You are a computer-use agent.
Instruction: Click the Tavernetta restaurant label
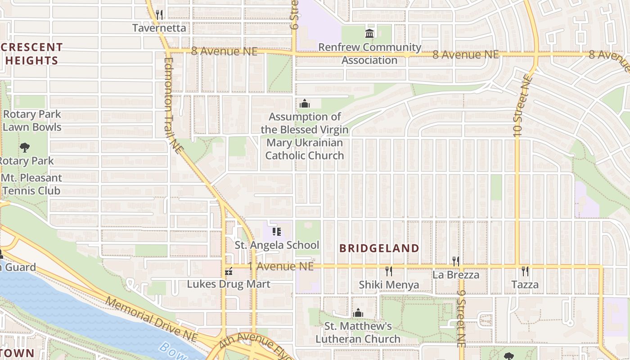pyautogui.click(x=159, y=28)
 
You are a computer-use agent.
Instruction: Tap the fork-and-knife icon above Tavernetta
pyautogui.click(x=159, y=14)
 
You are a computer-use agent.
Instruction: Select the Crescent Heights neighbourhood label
pyautogui.click(x=31, y=54)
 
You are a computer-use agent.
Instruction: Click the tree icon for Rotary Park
pyautogui.click(x=25, y=147)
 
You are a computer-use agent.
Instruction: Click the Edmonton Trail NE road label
pyautogui.click(x=173, y=105)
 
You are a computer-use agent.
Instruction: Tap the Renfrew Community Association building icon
pyautogui.click(x=369, y=34)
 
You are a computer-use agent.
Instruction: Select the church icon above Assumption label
pyautogui.click(x=305, y=104)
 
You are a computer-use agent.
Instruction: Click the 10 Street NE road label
pyautogui.click(x=522, y=106)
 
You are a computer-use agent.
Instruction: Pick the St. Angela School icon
pyautogui.click(x=277, y=232)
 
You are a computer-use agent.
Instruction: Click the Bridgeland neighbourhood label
pyautogui.click(x=379, y=248)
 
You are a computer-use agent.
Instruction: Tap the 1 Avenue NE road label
pyautogui.click(x=280, y=266)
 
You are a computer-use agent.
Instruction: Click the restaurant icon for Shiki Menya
pyautogui.click(x=389, y=271)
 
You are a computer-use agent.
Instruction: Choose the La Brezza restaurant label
pyautogui.click(x=456, y=274)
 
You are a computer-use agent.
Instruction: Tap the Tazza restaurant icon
pyautogui.click(x=525, y=271)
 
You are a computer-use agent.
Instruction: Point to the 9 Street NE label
pyautogui.click(x=461, y=317)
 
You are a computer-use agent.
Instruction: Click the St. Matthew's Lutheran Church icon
pyautogui.click(x=358, y=313)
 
